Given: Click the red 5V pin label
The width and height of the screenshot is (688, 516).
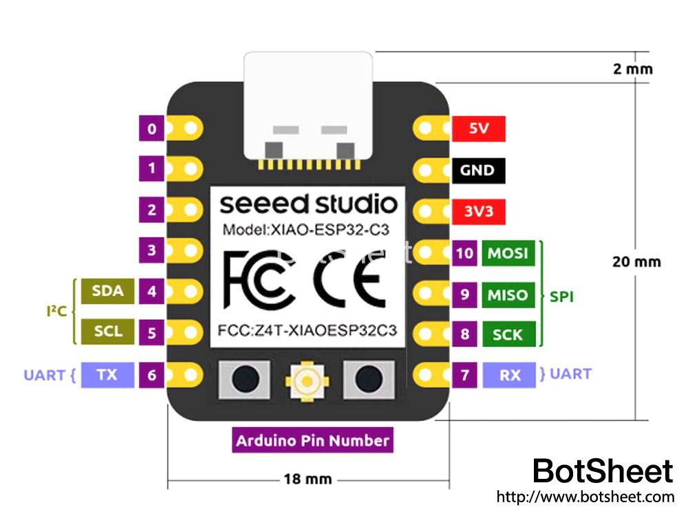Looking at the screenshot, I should tap(479, 129).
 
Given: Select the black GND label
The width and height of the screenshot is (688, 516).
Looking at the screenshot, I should tap(479, 170).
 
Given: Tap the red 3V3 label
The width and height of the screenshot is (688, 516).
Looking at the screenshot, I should tap(479, 211).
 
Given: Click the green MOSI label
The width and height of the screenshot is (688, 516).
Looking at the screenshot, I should tap(507, 253).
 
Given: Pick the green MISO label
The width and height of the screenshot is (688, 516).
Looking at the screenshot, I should tap(507, 295).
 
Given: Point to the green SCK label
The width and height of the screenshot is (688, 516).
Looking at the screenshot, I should tap(507, 335).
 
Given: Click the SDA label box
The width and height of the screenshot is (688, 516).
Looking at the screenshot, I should tap(107, 290).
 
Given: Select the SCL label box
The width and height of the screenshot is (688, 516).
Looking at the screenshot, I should tap(107, 331).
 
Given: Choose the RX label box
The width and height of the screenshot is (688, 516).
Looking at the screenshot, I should tap(510, 375).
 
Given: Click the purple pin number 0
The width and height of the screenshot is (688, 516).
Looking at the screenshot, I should tap(151, 129).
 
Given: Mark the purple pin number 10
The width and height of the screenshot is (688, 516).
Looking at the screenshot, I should tap(464, 253).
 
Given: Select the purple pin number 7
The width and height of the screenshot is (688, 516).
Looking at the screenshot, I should tap(464, 375).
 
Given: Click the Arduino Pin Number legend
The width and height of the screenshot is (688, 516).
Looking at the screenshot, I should tap(312, 440).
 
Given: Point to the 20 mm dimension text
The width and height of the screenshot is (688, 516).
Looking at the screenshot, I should tap(636, 261).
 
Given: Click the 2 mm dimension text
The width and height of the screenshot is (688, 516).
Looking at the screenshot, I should tap(632, 69).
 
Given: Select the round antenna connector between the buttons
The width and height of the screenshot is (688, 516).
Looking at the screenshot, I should tap(308, 378).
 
